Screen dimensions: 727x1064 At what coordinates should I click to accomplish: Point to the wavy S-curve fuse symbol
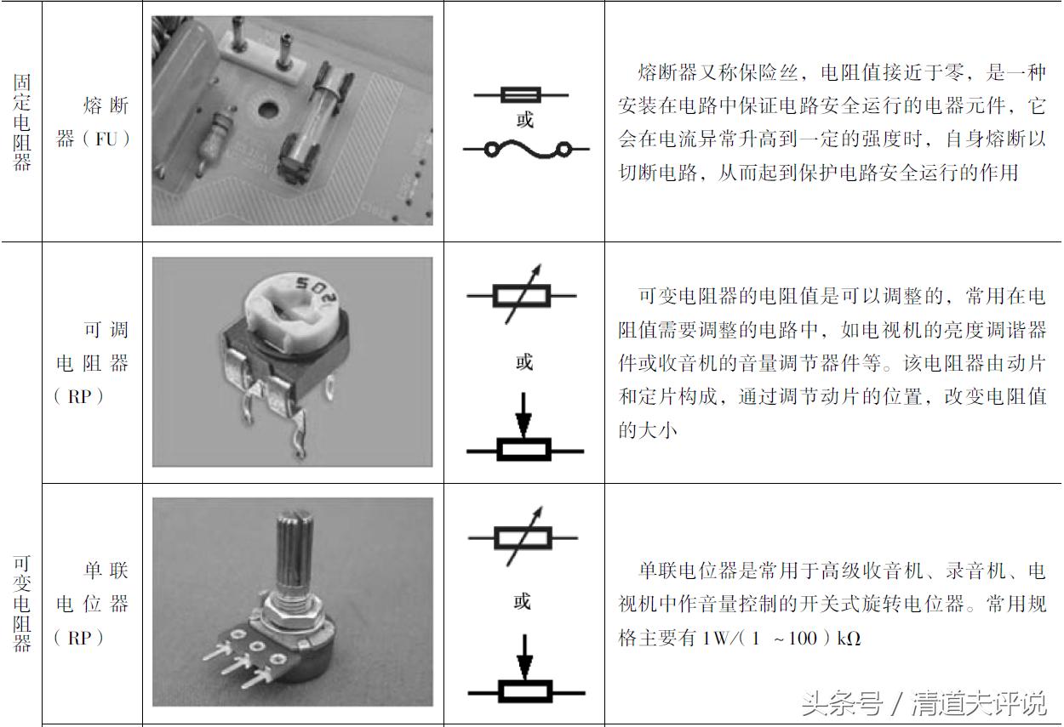[x=525, y=151]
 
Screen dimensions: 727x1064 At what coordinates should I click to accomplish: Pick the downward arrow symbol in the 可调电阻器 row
[x=524, y=413]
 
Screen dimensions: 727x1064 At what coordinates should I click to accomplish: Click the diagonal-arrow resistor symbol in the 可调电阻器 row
[x=523, y=296]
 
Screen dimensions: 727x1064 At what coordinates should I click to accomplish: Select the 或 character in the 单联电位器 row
[x=523, y=602]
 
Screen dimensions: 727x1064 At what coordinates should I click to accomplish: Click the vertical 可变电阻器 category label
[x=21, y=603]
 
